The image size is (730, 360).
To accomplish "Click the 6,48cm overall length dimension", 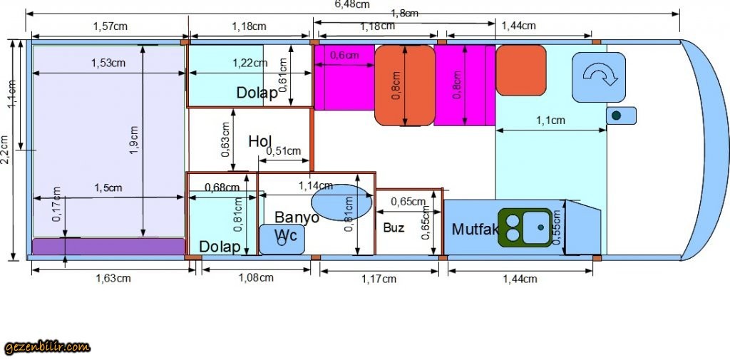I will pos(352,4).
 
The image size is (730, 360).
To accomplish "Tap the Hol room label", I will pos(260,141).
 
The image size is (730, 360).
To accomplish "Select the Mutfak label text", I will pos(473,230).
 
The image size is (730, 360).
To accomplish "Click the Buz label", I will pos(394,228).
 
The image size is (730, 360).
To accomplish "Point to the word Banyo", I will pos(297,217).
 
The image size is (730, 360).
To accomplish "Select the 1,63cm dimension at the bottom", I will pos(113,278).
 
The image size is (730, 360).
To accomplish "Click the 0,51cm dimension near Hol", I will pos(283,151).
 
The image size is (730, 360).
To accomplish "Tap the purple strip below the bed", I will pos(107,246).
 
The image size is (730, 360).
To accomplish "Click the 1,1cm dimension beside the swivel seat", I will pos(551,121).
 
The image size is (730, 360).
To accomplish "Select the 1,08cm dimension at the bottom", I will pos(255,278).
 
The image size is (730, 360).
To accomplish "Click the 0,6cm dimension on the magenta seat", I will pos(344,56).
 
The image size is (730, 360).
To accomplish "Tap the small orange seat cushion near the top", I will pos(521,70).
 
